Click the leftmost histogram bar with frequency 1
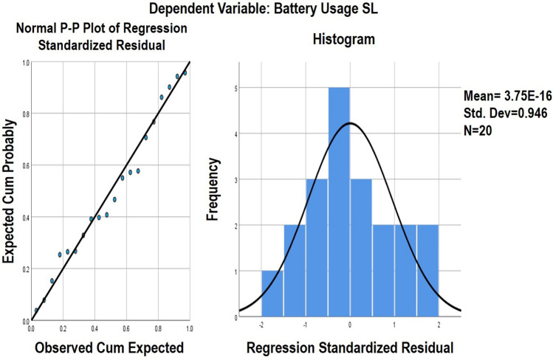coord(272,294)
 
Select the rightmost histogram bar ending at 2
coord(427,271)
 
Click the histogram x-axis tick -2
coord(261,325)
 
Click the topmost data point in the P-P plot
coord(185,73)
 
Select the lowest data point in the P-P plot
coord(36,311)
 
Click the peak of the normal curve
coord(349,122)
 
